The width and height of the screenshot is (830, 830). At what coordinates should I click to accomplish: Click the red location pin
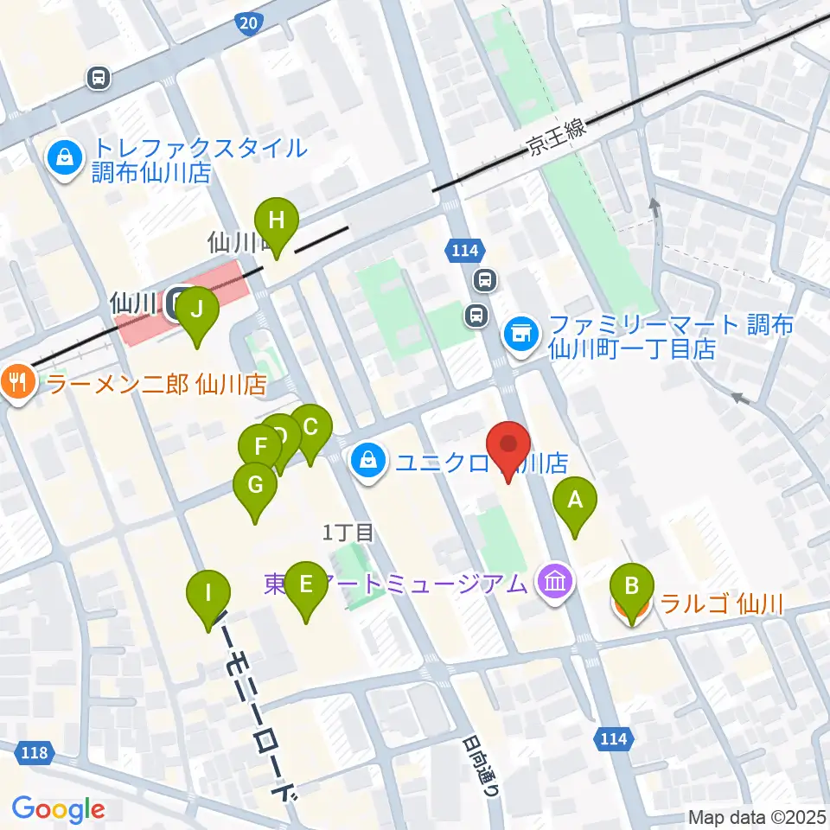tap(508, 447)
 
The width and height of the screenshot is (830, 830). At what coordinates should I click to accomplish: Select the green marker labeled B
tap(632, 588)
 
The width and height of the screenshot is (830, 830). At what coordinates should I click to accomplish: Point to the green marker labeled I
tap(208, 595)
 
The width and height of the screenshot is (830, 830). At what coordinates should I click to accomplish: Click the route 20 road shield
tap(248, 22)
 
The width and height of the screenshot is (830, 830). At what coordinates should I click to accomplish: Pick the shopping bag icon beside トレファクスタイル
tap(65, 156)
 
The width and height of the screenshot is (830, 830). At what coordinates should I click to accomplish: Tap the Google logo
tap(58, 809)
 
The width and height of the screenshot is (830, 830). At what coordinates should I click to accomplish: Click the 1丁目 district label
tap(348, 533)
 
